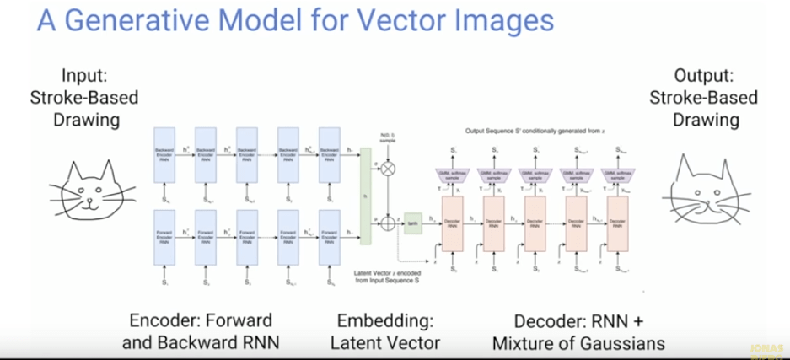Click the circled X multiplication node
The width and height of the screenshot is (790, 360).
point(389,170)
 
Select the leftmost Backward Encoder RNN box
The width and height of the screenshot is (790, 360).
point(164,152)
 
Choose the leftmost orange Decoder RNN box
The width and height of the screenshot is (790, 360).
point(454,226)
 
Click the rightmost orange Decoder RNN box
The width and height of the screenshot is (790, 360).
point(617,226)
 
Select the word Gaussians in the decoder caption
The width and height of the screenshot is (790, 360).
point(622,342)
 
